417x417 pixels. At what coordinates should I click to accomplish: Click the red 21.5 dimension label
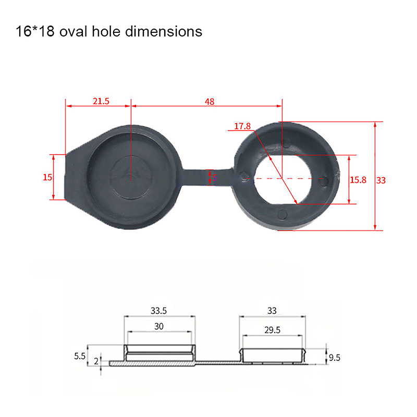101,101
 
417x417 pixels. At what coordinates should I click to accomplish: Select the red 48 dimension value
210,102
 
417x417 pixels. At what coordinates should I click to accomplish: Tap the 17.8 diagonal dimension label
242,126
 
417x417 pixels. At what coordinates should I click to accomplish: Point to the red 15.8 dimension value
358,180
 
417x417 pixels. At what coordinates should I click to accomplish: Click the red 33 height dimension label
381,180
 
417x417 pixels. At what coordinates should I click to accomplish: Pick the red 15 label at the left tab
47,177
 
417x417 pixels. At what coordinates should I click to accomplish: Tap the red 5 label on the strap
215,177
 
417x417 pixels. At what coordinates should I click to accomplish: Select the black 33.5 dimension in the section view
159,311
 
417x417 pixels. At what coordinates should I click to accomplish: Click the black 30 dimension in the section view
159,326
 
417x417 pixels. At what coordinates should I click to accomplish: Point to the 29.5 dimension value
272,330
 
